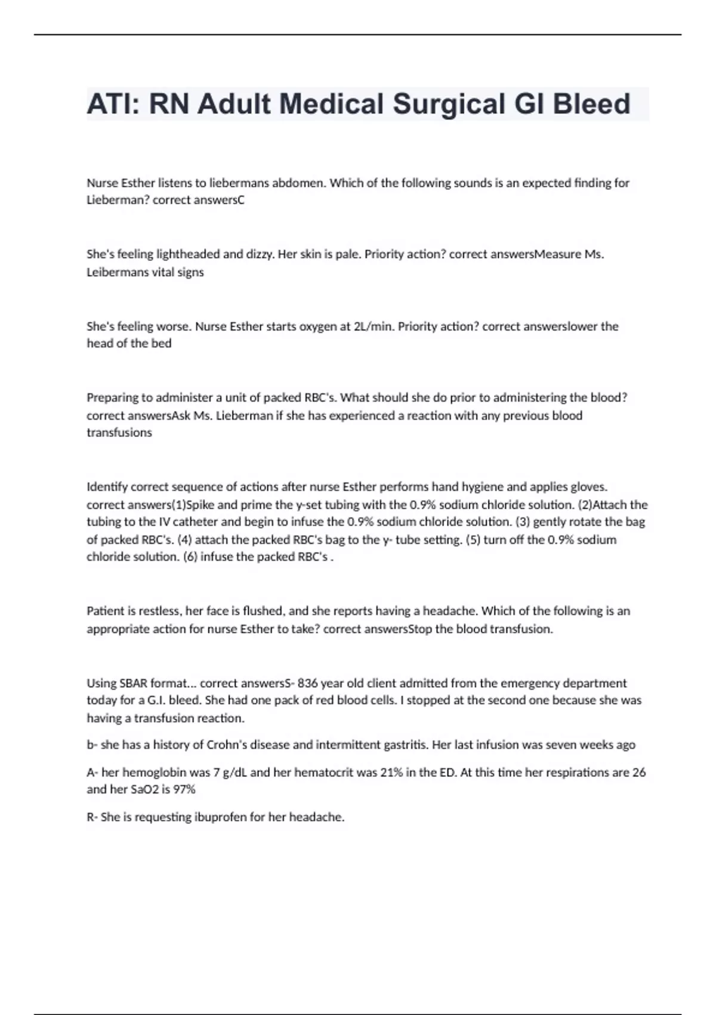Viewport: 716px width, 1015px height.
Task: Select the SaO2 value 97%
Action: (184, 789)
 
